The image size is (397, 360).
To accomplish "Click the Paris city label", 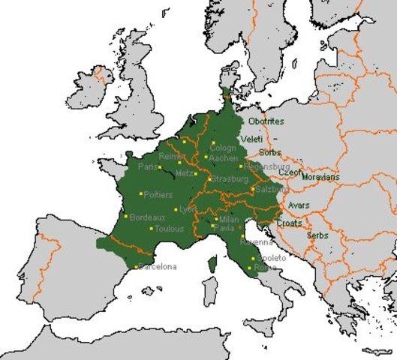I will pyautogui.click(x=149, y=166).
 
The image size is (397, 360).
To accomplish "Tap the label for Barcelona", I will pyautogui.click(x=157, y=267).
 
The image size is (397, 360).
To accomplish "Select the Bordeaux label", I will pyautogui.click(x=147, y=217).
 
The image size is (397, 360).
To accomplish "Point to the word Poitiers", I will pyautogui.click(x=158, y=195).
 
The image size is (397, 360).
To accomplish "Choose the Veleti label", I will pyautogui.click(x=251, y=139).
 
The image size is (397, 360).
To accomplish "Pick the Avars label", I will pyautogui.click(x=299, y=205).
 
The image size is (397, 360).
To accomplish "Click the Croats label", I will pyautogui.click(x=290, y=223).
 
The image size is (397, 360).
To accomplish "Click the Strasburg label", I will pyautogui.click(x=229, y=179).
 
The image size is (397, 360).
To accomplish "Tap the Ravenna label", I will pyautogui.click(x=254, y=243).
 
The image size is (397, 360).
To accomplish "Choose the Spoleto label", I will pyautogui.click(x=271, y=258).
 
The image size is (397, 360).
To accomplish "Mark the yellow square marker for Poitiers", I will pyautogui.click(x=141, y=193).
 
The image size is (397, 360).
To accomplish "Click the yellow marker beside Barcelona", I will pyautogui.click(x=136, y=267).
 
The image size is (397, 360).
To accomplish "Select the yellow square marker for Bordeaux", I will pyautogui.click(x=126, y=216).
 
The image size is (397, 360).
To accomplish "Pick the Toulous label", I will pyautogui.click(x=169, y=229).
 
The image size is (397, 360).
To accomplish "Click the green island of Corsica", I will pyautogui.click(x=212, y=265).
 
